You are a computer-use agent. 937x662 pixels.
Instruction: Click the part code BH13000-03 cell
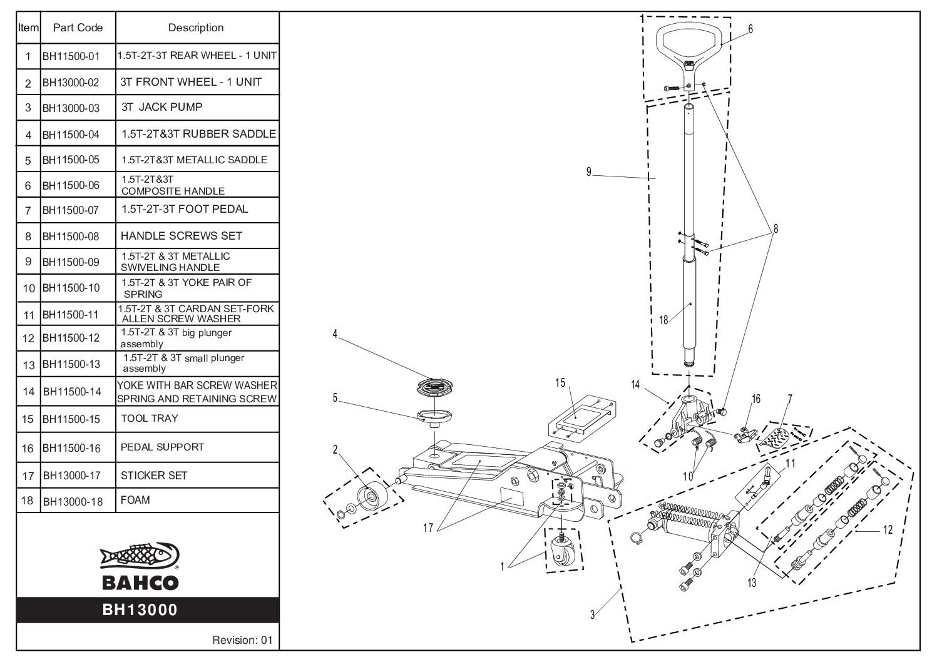(71, 108)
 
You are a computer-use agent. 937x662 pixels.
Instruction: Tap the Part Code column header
(78, 28)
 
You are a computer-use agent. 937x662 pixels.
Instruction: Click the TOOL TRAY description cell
(149, 418)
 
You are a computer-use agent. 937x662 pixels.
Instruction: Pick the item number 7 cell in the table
(28, 211)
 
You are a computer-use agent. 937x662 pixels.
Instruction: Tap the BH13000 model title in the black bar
(140, 609)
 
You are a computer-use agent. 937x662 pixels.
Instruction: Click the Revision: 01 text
(243, 640)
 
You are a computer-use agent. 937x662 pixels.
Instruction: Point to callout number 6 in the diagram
(750, 29)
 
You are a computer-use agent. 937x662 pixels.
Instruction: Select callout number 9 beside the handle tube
(589, 172)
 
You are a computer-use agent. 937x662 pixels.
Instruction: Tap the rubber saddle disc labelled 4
(436, 387)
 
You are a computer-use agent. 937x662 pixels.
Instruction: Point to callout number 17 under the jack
(428, 528)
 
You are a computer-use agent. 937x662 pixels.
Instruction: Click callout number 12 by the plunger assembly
(888, 531)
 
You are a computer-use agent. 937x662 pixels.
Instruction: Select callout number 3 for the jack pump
(592, 614)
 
